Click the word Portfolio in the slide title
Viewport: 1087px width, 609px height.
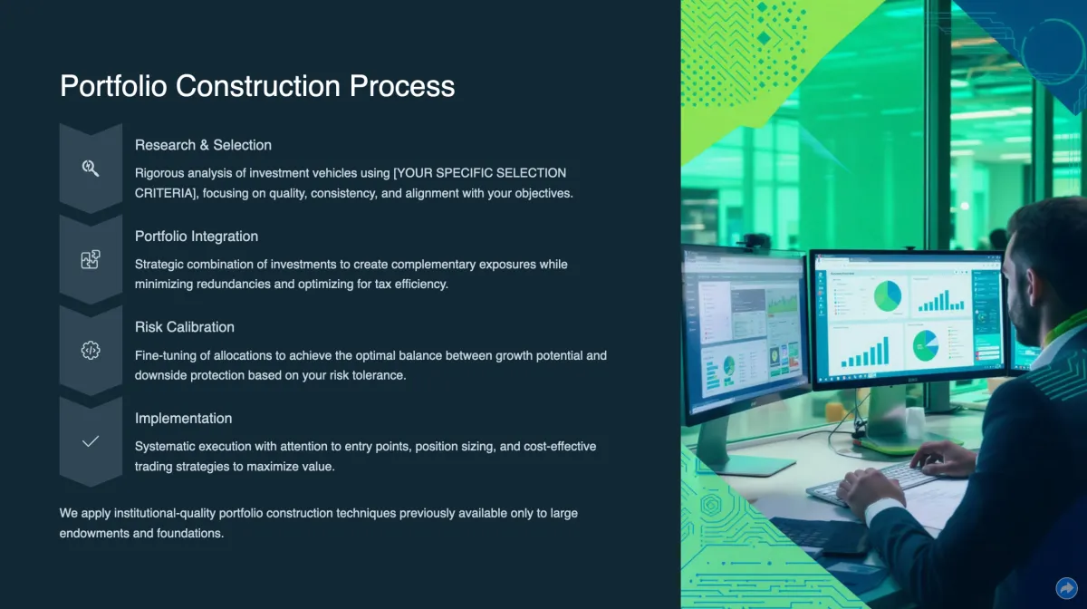click(113, 86)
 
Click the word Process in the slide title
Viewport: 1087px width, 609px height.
click(402, 86)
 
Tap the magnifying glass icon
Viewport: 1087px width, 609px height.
click(91, 168)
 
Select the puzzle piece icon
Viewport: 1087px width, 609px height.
click(91, 259)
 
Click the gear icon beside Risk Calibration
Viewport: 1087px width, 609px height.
click(91, 350)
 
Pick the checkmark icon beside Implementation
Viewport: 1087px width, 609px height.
click(91, 441)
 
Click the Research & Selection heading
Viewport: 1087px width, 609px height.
click(203, 145)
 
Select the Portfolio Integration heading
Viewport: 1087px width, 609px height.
click(197, 237)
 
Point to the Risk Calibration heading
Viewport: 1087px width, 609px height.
click(185, 327)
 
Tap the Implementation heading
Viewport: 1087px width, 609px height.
click(183, 419)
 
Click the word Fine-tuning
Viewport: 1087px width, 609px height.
click(166, 356)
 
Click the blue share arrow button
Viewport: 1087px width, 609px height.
click(1066, 588)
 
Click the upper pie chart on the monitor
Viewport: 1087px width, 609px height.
click(888, 296)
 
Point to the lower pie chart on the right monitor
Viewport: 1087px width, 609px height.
click(926, 346)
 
